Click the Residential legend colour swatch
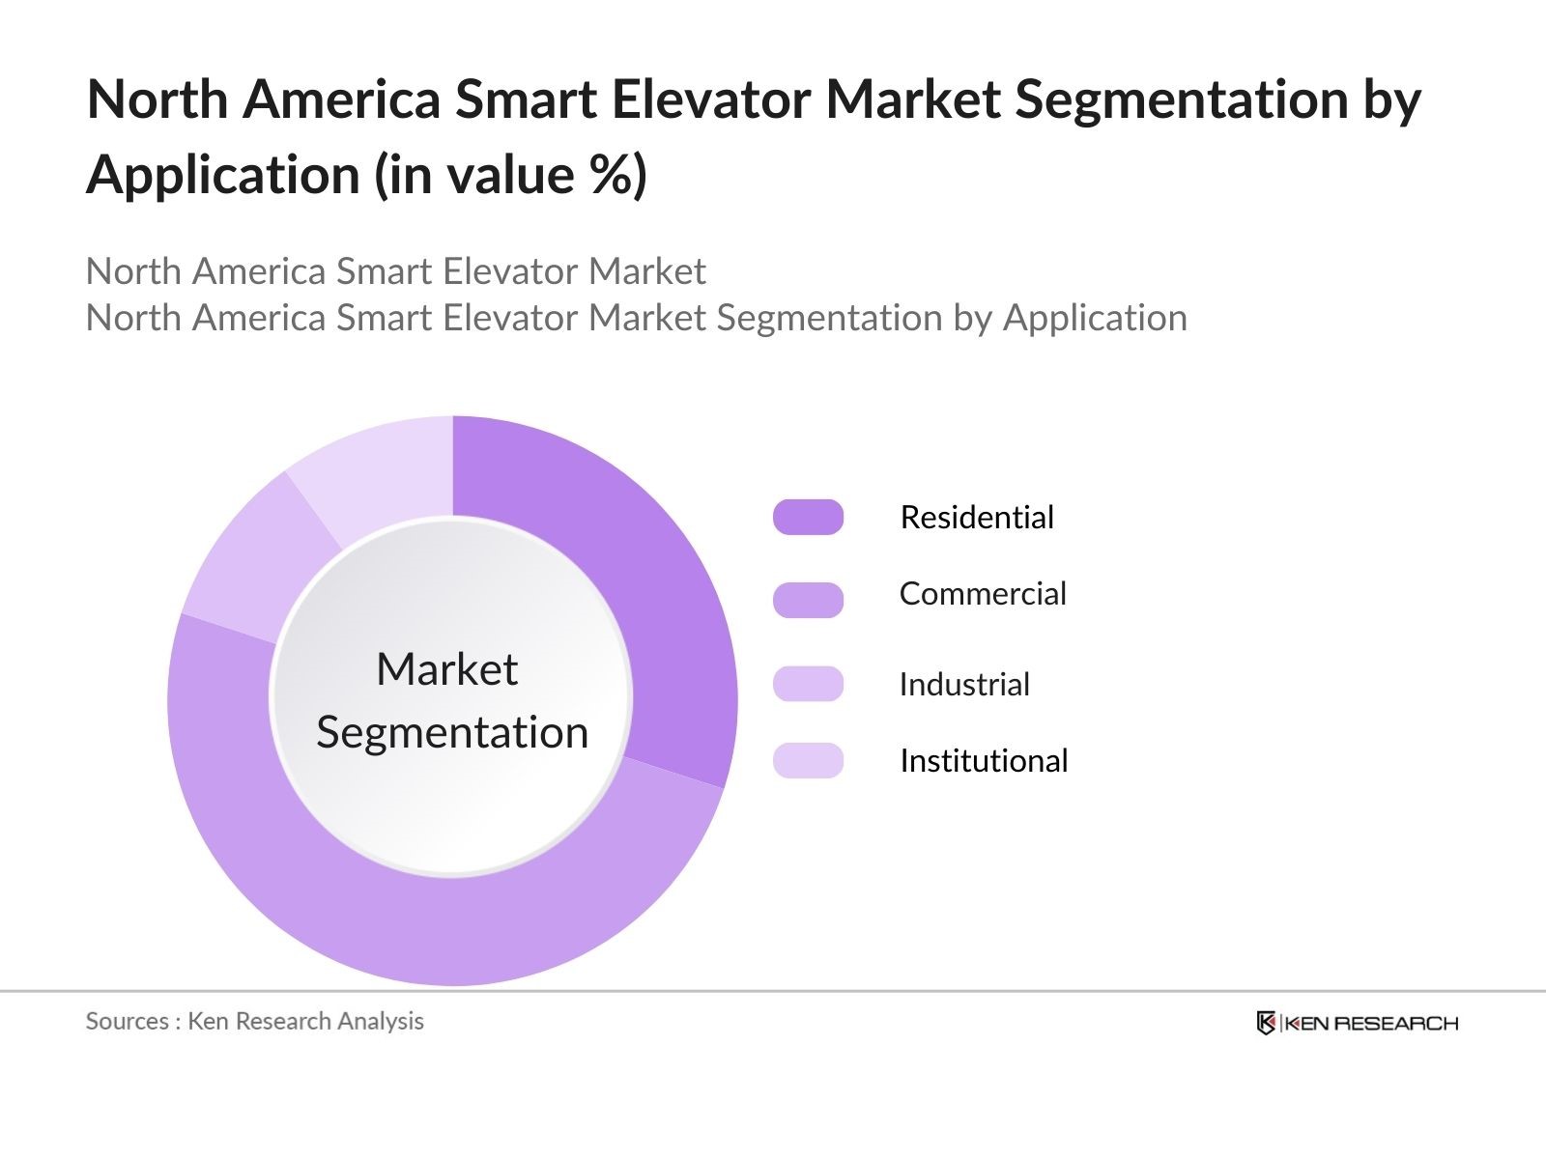tap(808, 517)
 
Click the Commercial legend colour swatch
tap(808, 600)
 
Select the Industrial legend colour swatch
tap(808, 683)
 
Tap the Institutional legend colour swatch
tap(808, 760)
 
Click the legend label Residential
tap(976, 518)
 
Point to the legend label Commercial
tap(982, 594)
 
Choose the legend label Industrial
tap(963, 685)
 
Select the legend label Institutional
tap(983, 761)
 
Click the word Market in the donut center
tap(446, 669)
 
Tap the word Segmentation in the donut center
tap(452, 732)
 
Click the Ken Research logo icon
tap(1265, 1023)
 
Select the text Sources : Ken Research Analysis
tap(254, 1021)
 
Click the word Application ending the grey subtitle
tap(1094, 318)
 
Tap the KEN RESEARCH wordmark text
tap(1371, 1024)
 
